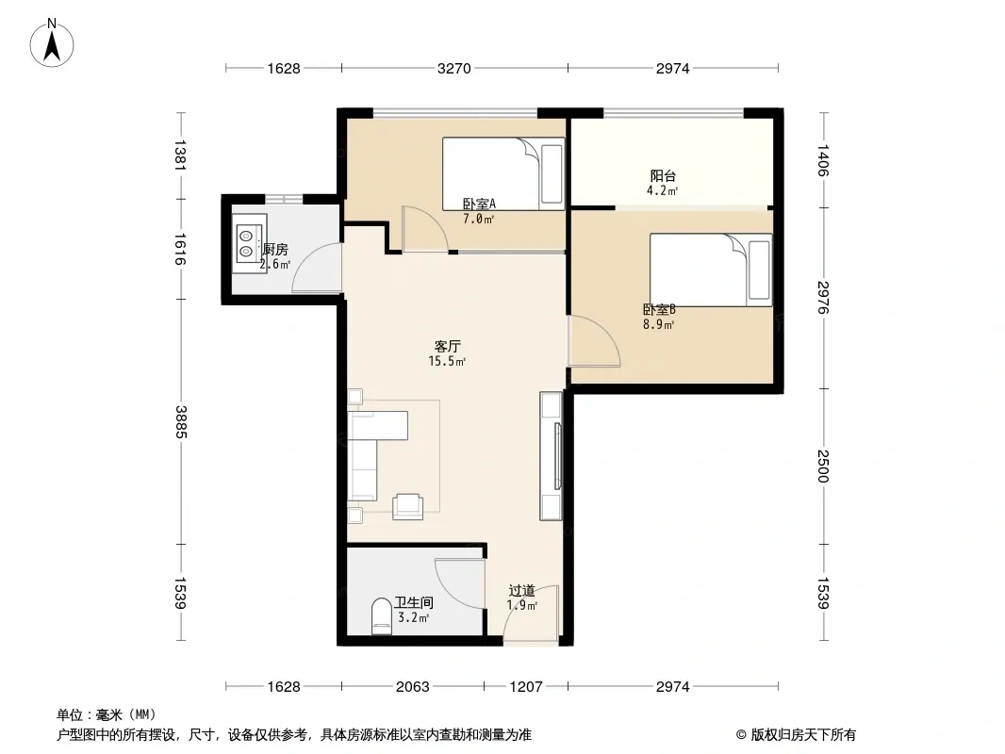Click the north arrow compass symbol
point(52,43)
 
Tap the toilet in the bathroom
point(382,616)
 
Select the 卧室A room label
point(480,205)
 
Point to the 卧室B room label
point(659,310)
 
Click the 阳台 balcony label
point(664,175)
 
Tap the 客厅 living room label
point(448,347)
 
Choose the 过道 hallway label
point(521,591)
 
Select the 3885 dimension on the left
point(181,421)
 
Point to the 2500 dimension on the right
point(824,467)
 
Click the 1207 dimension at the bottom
point(525,687)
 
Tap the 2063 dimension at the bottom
point(412,687)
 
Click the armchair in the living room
point(407,506)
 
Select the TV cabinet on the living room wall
point(551,456)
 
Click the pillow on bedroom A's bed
point(552,174)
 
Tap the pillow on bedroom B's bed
point(760,270)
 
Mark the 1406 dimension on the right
point(824,160)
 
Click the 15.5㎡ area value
point(447,361)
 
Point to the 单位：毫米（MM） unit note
point(107,715)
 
